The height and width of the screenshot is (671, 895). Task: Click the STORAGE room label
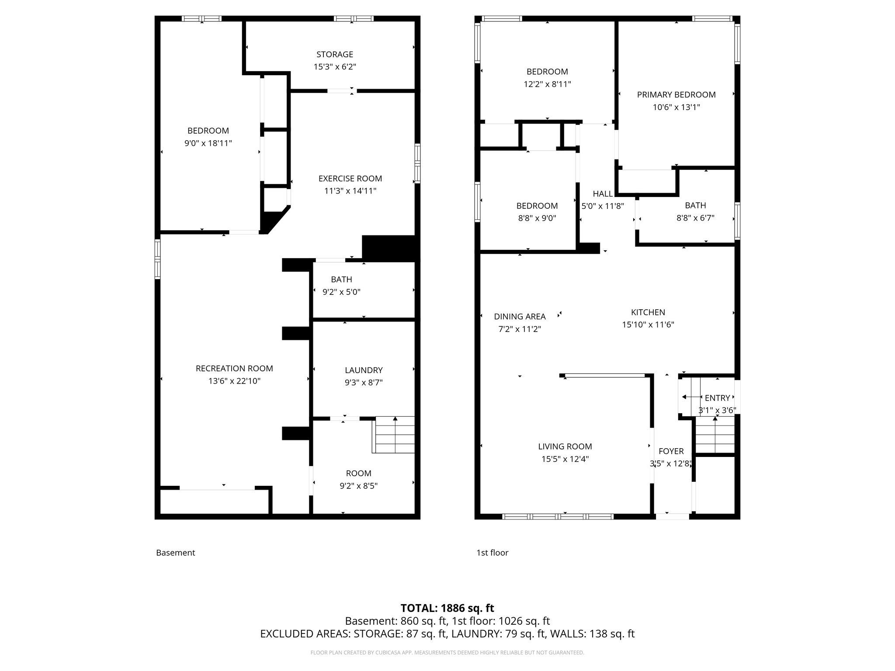pos(335,54)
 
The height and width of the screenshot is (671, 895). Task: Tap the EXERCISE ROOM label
pos(350,178)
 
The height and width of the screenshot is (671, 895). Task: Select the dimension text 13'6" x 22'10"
pos(234,381)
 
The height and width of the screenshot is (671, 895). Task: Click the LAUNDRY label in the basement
pos(364,370)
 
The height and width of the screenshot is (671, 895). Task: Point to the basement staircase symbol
pos(395,435)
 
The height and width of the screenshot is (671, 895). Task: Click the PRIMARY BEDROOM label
pos(676,94)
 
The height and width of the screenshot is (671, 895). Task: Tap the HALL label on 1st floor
pos(603,194)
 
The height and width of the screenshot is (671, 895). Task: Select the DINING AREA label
pos(520,316)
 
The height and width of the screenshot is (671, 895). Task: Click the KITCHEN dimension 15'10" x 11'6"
pos(648,325)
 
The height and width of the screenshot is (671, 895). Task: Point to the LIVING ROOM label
pos(565,446)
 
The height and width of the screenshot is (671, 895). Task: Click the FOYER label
pos(671,451)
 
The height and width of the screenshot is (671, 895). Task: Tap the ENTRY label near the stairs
pos(717,398)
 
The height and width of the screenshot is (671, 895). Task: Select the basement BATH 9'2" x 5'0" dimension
pos(341,292)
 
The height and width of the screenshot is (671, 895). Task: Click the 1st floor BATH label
pos(695,205)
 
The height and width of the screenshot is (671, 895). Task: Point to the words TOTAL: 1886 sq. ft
pos(447,608)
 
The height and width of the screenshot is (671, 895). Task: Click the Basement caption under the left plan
pos(175,553)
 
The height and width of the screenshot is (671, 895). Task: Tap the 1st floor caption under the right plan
pos(492,553)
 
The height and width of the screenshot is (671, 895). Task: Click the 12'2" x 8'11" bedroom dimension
pos(547,84)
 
